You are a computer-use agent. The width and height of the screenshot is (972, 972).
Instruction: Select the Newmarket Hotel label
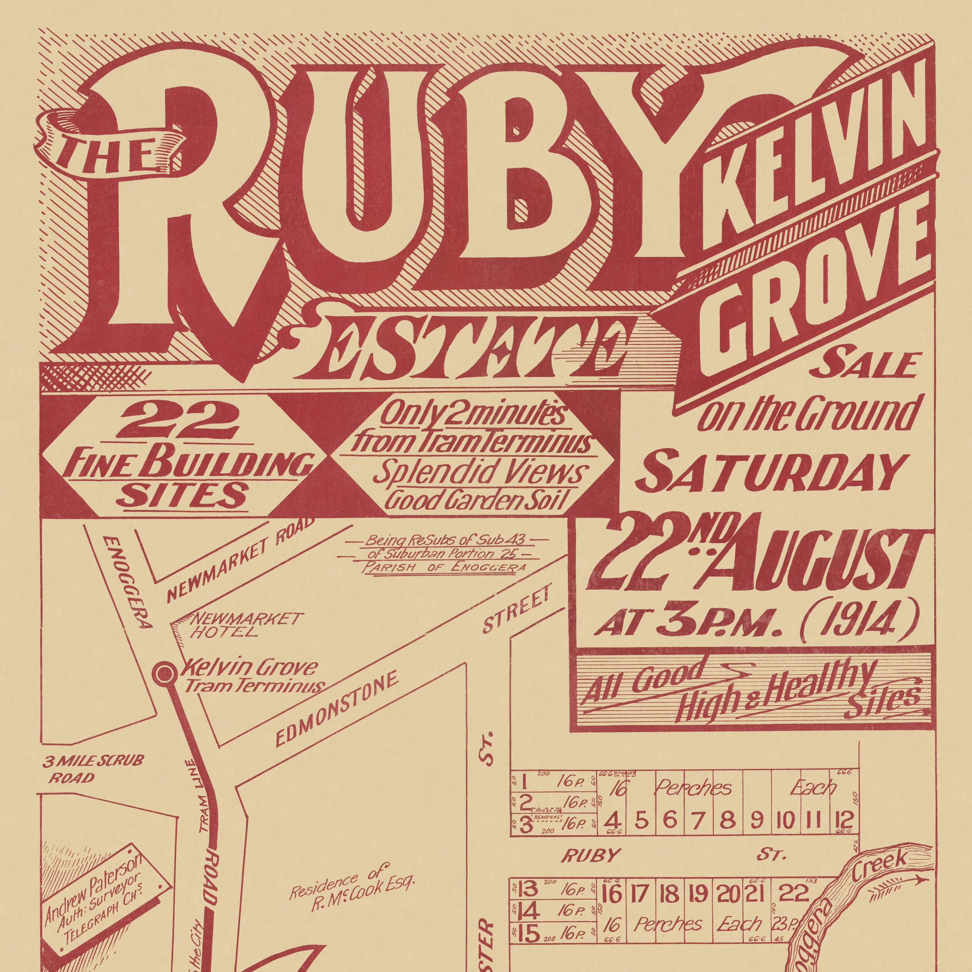236,624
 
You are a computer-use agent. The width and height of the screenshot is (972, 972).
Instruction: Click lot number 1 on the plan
524,783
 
